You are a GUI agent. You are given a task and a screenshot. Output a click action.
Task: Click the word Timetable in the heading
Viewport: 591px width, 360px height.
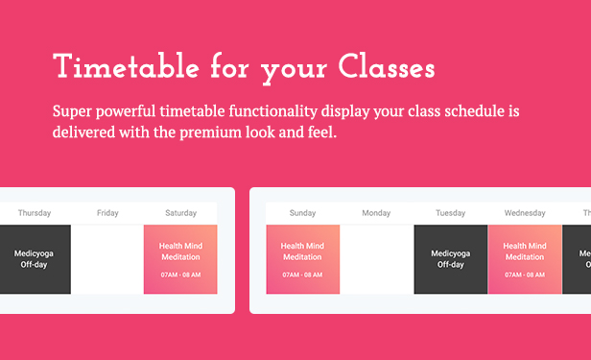coord(126,66)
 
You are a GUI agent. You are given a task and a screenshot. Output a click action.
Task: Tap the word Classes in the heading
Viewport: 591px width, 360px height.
coord(387,66)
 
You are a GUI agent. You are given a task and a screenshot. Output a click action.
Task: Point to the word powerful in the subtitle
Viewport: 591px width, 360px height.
coord(126,112)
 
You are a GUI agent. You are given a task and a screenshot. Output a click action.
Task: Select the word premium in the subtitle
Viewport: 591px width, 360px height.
coord(210,133)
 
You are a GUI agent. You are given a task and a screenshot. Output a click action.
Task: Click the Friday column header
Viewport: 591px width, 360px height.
coord(107,213)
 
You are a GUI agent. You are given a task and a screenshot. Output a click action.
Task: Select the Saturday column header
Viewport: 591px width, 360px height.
coord(181,213)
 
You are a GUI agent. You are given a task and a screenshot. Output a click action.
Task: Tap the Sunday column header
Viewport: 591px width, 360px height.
coord(302,213)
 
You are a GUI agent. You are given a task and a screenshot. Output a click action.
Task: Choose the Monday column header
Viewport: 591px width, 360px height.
coord(376,213)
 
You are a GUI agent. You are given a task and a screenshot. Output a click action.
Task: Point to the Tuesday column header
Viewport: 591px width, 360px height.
coord(450,213)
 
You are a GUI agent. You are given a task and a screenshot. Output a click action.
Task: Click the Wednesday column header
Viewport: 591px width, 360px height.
coord(525,213)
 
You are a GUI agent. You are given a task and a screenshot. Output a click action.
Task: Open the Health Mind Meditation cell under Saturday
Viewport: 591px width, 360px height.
coord(180,259)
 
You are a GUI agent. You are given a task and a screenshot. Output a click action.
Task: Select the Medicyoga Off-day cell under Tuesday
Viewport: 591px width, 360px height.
coord(450,259)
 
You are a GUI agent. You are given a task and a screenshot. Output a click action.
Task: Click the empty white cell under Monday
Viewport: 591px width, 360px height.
coord(377,259)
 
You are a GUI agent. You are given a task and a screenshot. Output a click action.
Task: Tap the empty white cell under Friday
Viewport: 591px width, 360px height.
coord(107,259)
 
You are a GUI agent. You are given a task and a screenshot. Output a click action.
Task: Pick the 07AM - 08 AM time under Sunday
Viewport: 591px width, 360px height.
coord(302,275)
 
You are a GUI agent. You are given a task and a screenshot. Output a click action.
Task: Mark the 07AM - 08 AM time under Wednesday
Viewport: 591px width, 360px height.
coord(525,275)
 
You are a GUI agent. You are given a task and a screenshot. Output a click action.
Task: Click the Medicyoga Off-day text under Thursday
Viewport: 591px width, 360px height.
coord(34,259)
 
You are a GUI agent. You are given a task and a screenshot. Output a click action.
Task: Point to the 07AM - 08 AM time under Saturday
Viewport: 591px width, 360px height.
coord(180,275)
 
